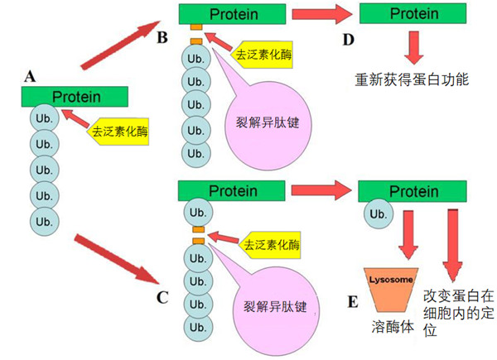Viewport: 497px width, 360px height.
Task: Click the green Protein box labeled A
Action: coord(75,96)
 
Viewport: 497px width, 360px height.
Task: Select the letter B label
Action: coord(162,38)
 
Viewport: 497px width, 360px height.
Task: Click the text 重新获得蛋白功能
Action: coord(412,80)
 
